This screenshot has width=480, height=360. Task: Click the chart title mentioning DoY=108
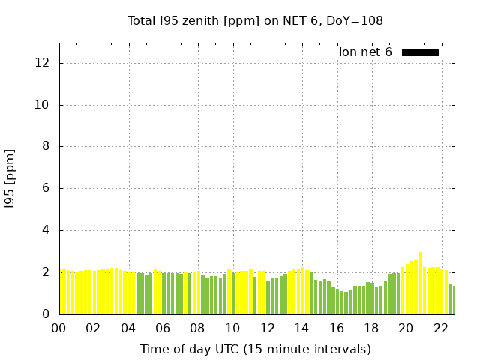pos(255,21)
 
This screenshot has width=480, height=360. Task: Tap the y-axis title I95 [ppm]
pos(10,178)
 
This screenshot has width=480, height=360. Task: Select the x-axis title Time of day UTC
pos(255,349)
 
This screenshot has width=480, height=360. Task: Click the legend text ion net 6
pos(365,52)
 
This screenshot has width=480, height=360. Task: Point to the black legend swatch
pos(420,52)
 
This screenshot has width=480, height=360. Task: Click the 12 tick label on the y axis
pos(43,63)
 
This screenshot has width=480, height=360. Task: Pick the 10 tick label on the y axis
pos(43,105)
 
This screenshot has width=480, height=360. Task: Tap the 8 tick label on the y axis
pos(46,147)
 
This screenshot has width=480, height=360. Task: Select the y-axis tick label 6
pos(46,189)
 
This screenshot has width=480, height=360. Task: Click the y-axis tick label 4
pos(46,231)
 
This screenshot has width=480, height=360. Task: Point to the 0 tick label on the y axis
pos(46,314)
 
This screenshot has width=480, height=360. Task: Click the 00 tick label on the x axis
pos(58,328)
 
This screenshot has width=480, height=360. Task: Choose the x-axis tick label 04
pos(128,328)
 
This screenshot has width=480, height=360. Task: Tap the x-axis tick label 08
pos(197,328)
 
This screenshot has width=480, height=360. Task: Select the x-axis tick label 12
pos(267,328)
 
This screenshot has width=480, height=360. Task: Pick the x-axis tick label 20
pos(406,328)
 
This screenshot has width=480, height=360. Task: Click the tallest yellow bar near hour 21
pos(420,283)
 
